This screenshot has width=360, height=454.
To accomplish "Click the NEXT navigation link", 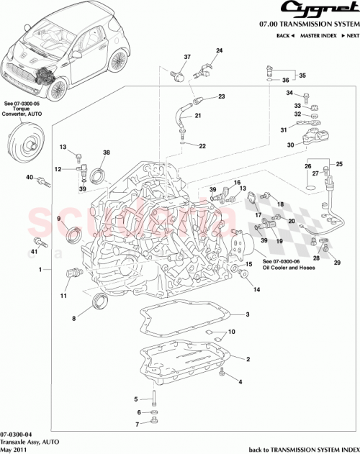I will [x=350, y=35].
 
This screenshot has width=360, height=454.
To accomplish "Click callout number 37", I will [x=166, y=57].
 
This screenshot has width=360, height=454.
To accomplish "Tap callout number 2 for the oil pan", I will [x=248, y=358].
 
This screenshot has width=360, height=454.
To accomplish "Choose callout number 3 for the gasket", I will [x=247, y=314].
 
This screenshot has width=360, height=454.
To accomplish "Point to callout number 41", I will [x=33, y=252].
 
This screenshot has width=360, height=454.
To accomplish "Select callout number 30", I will [x=290, y=145].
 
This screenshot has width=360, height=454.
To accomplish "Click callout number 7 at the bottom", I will [x=136, y=425].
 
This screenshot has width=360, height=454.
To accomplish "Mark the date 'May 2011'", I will [x=14, y=450].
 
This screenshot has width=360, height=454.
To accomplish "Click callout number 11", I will [x=63, y=296].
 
